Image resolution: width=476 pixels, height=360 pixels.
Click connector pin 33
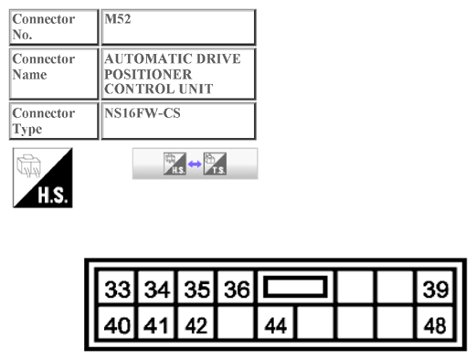(x=117, y=290)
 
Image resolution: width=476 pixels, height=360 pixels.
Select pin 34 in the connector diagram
(x=157, y=290)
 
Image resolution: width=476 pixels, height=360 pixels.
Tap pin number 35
(x=197, y=290)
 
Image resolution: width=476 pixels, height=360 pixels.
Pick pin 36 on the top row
(x=237, y=290)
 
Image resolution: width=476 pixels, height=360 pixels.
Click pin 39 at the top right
(x=435, y=290)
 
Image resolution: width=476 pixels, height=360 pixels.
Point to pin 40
(x=117, y=323)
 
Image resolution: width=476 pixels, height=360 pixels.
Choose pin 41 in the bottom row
(x=157, y=323)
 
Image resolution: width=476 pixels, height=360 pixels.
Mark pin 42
(x=197, y=323)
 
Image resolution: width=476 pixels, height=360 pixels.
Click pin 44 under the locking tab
(x=277, y=323)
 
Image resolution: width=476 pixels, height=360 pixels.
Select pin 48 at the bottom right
(x=435, y=323)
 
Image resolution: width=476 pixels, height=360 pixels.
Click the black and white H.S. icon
(x=42, y=177)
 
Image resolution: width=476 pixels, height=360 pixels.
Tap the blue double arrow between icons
(x=195, y=164)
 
